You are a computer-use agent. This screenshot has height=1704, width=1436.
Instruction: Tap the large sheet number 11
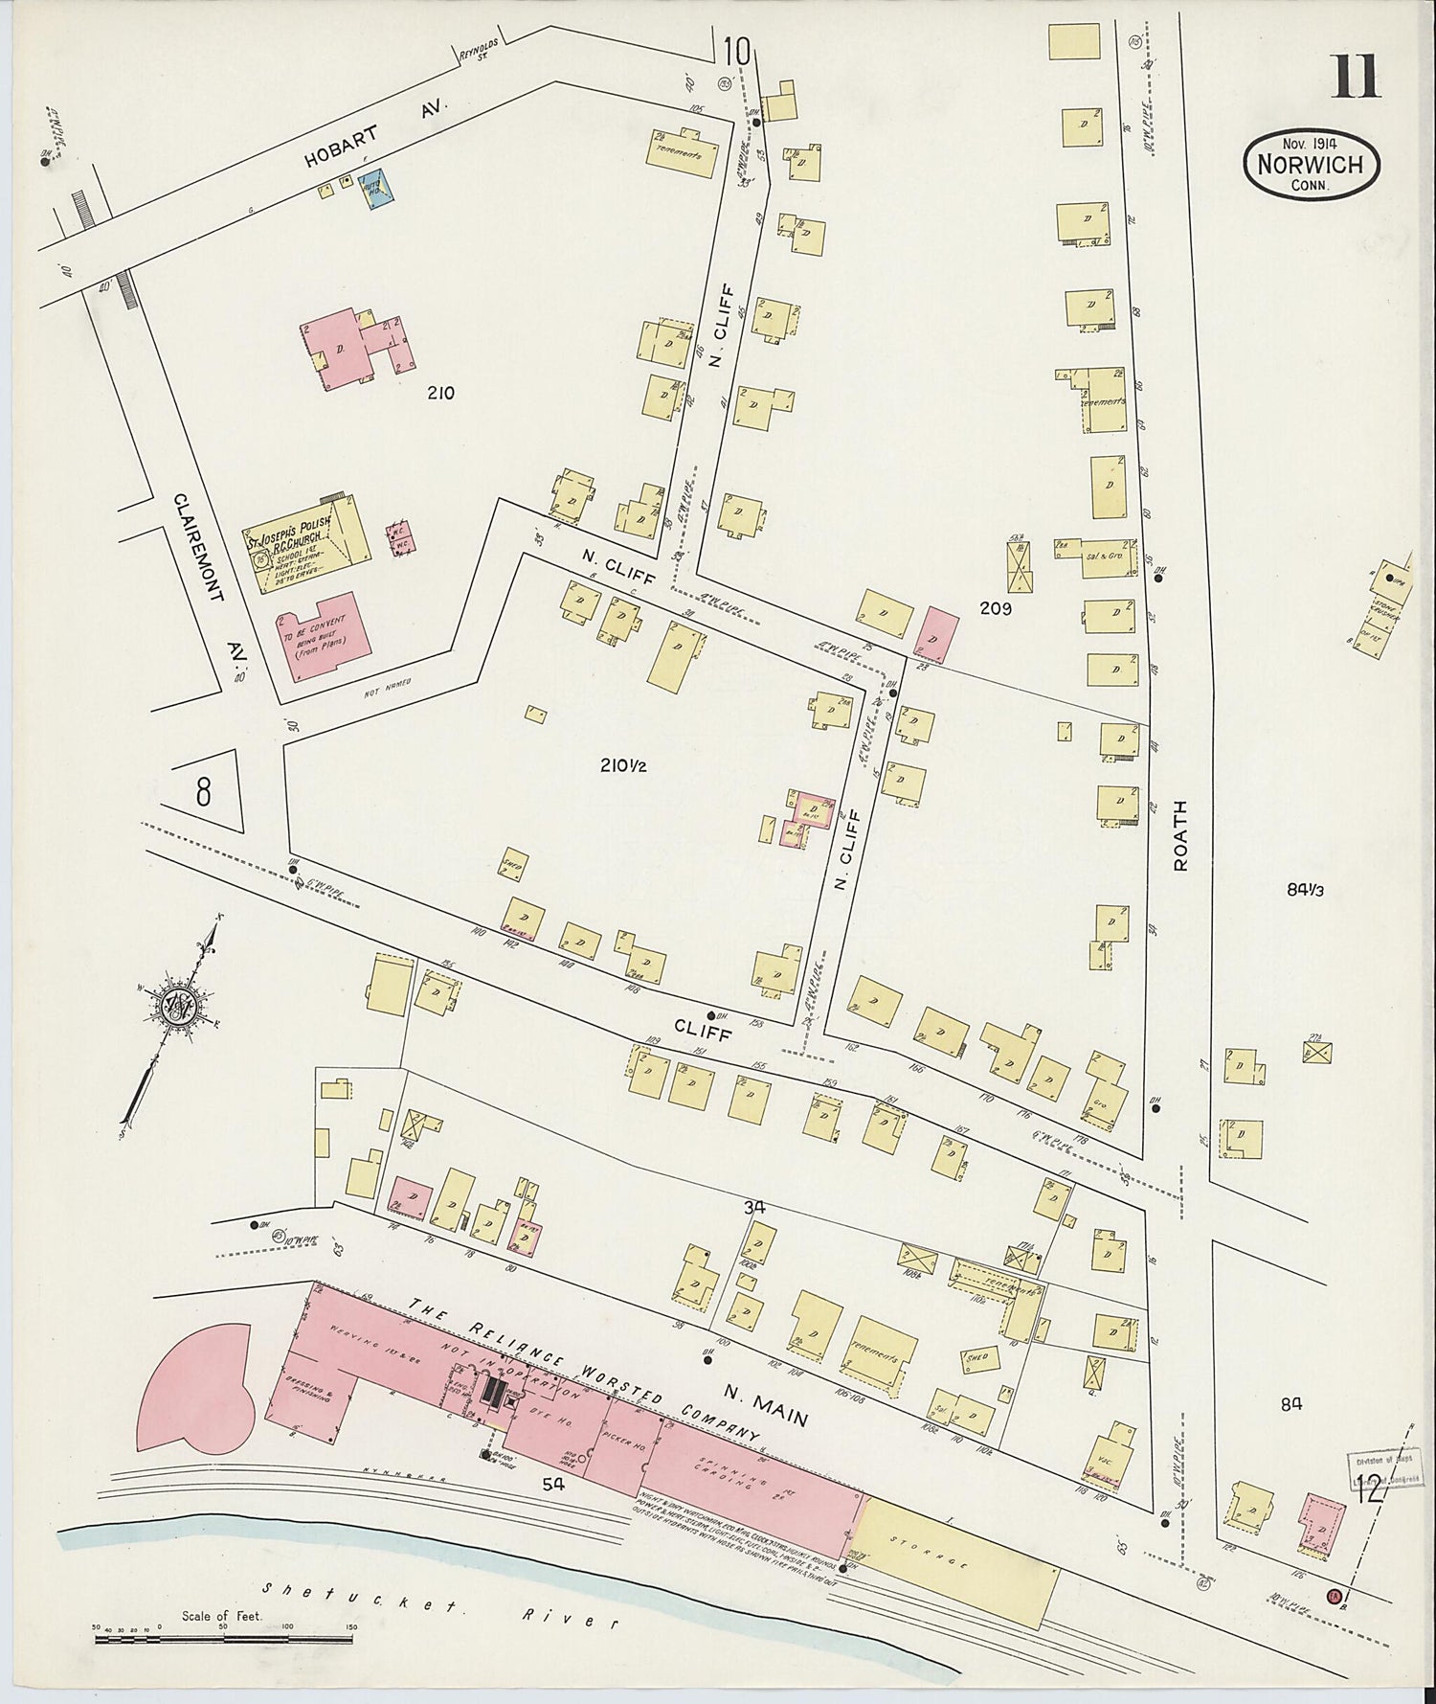click(1354, 77)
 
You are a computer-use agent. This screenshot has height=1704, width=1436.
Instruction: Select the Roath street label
click(1180, 834)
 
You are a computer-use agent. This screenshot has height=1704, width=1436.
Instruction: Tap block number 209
click(995, 606)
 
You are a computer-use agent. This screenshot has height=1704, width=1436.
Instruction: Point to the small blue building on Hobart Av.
click(372, 189)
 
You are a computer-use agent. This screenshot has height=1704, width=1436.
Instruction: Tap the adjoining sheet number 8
click(203, 792)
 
